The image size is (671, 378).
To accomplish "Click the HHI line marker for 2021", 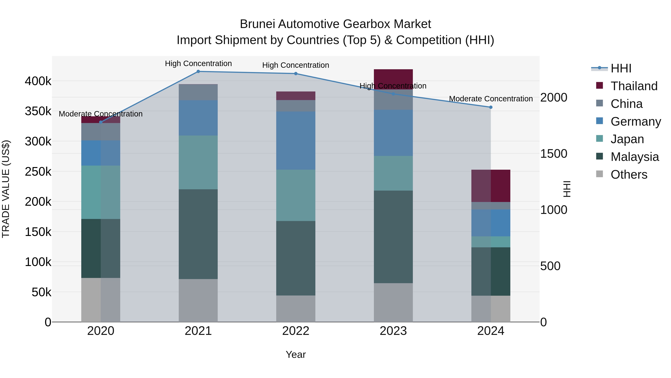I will pos(198,71).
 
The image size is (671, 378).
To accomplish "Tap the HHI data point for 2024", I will pos(491,107).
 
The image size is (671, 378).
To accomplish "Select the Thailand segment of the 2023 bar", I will pos(393,78).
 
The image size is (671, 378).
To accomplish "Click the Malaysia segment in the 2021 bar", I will pos(198,234).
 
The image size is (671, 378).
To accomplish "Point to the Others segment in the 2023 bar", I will pos(393,302).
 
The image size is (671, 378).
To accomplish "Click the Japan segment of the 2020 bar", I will pos(101,192).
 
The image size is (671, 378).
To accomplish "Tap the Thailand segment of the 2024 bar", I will pos(491,186).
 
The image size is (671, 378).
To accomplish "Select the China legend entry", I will pos(626,104).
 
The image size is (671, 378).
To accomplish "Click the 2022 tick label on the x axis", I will pos(296,331).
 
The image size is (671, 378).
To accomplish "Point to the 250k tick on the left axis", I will pos(38,172).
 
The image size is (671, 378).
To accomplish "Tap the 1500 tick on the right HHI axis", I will pos(554,154).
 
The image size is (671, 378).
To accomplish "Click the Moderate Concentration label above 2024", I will pos(491,99).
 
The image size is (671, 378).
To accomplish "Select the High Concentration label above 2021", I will pos(198,63).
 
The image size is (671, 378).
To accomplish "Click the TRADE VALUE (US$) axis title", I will pos(6,189).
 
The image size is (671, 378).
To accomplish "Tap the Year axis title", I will pos(296,354).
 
